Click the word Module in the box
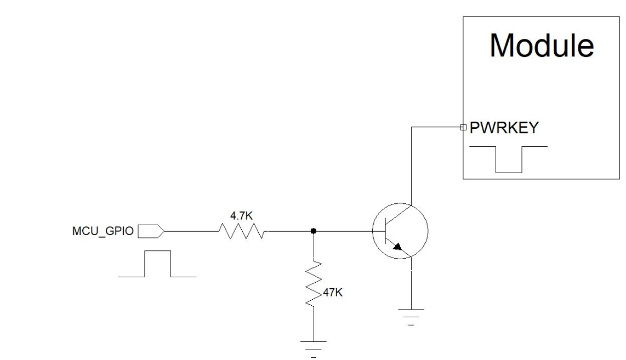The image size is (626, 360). click(541, 45)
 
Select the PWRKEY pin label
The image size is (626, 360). click(504, 128)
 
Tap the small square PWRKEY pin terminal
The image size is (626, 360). click(463, 128)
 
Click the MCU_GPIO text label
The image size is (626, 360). click(103, 231)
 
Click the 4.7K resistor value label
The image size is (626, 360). click(241, 216)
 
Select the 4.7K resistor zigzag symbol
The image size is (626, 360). click(242, 231)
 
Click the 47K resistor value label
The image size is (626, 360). click(332, 293)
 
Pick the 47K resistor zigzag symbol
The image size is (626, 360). click(313, 284)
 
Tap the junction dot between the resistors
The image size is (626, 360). click(313, 231)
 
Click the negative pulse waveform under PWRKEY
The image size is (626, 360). click(508, 159)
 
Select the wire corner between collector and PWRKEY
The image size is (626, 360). click(411, 128)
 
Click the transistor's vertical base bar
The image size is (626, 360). click(387, 231)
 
